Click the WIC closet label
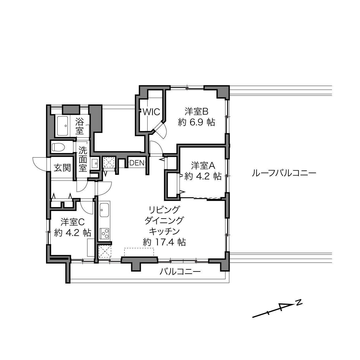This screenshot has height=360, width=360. coord(151,112)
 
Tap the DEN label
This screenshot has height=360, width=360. coord(137,163)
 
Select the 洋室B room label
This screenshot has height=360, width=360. coord(196,112)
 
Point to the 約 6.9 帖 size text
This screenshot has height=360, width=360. coord(196,122)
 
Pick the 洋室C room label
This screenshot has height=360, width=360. coord(72,222)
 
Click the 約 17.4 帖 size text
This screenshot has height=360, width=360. coord(164,242)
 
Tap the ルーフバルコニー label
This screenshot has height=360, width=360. coord(284,173)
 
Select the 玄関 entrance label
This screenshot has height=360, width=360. coord(62,168)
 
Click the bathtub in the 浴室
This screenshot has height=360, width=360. coord(62,126)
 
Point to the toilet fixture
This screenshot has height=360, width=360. coord(58,147)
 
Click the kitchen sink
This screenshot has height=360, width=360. coord(104,210)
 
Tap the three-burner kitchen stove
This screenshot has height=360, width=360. coord(104,233)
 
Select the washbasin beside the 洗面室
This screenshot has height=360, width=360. coord(95,163)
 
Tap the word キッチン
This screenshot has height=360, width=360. coord(164,231)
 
